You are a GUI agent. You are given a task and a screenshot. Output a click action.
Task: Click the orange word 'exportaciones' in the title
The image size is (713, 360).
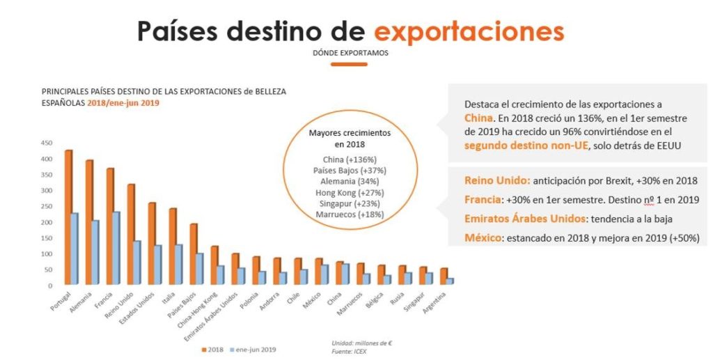(469, 31)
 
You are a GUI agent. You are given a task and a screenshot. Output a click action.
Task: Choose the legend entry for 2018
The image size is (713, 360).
(212, 349)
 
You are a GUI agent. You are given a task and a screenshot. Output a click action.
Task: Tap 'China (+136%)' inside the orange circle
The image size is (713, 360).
(350, 159)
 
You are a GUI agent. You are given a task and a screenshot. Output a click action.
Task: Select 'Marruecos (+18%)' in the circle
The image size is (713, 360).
(350, 214)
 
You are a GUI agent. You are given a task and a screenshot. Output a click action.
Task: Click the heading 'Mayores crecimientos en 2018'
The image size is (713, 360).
(350, 138)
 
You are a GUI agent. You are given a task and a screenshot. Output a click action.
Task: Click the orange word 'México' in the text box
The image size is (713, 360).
(483, 237)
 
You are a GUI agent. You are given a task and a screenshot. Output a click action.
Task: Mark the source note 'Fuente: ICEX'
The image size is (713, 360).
(349, 351)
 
